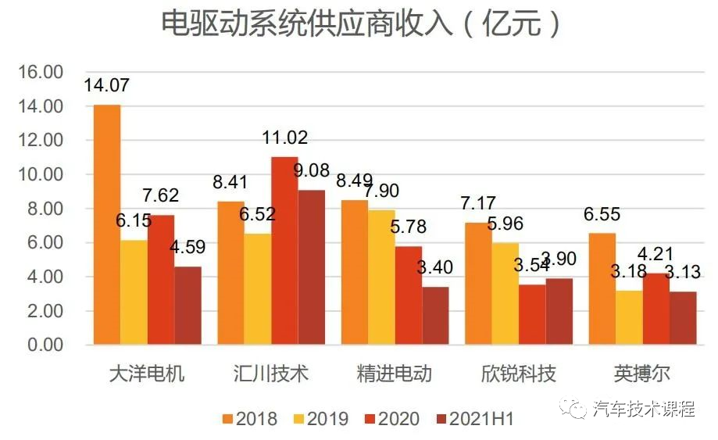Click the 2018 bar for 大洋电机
coord(107,225)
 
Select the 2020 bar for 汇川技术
coord(284,251)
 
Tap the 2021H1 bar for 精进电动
coord(435,316)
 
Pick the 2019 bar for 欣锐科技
coord(505,294)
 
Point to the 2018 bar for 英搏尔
coord(602,289)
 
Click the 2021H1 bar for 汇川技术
coord(311,267)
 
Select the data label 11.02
coord(284,138)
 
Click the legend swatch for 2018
coord(228,419)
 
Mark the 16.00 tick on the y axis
coord(40,72)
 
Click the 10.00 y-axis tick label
coord(40,174)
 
